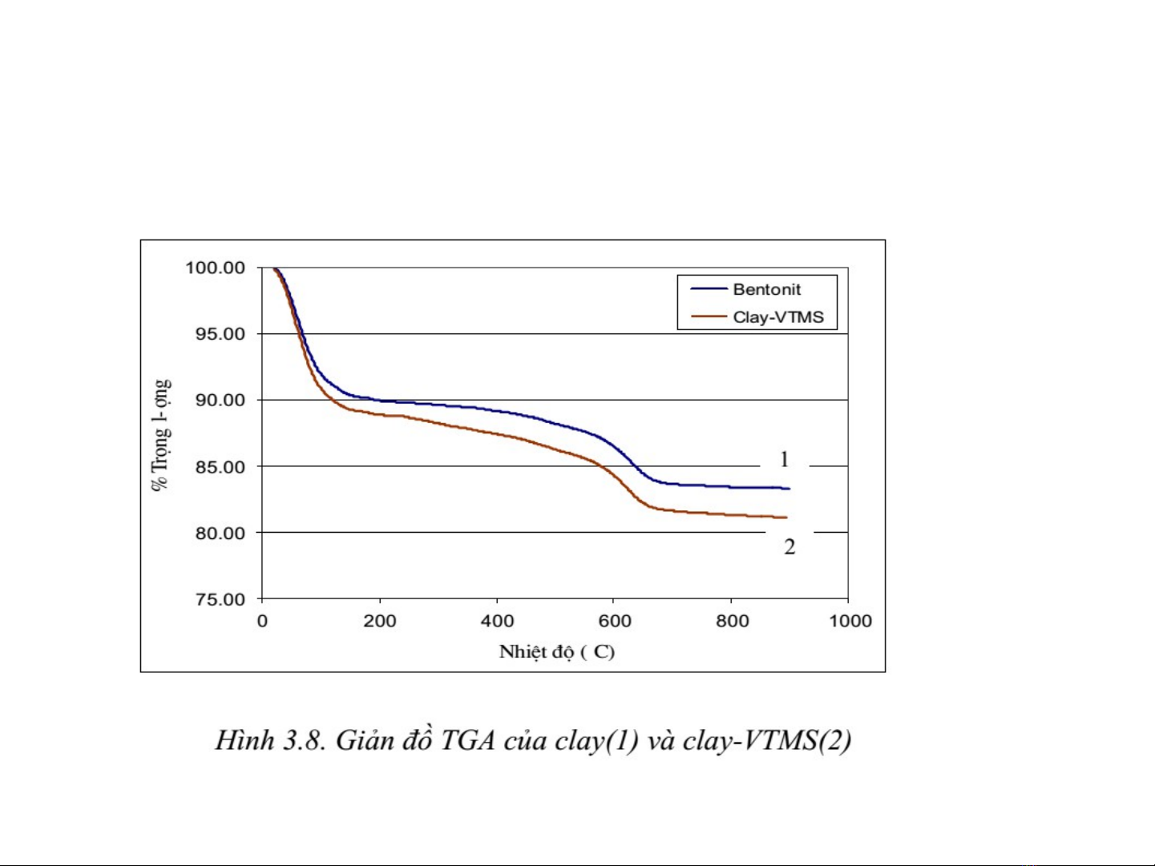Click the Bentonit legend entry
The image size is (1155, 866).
766,289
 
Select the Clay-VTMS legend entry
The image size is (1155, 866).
777,317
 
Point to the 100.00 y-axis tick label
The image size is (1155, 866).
215,268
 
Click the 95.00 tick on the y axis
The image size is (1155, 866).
220,334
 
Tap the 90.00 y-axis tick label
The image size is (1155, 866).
220,401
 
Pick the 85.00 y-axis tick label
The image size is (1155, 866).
220,467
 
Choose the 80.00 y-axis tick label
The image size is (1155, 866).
220,534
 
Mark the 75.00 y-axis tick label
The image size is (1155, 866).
220,600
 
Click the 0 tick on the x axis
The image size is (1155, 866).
262,621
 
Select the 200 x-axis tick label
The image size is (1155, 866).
380,621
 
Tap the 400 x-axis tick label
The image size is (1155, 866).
497,621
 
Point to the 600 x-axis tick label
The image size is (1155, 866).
615,621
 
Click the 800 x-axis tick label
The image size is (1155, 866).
732,621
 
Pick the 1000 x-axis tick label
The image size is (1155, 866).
850,621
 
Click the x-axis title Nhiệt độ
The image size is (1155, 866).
556,652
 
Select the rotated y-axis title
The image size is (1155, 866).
160,435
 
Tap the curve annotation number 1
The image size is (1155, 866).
784,459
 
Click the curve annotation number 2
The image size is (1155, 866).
790,547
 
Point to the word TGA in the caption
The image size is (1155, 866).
467,740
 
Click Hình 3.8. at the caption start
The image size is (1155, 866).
269,740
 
